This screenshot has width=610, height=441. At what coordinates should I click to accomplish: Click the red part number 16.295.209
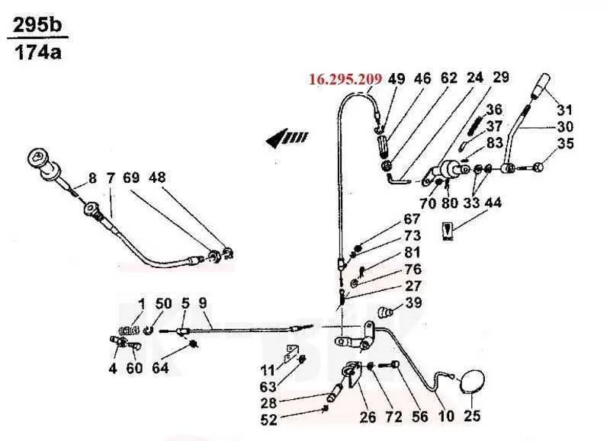[345, 79]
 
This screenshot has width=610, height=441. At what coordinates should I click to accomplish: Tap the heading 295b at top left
[37, 26]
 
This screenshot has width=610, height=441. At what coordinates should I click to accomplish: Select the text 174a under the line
[38, 52]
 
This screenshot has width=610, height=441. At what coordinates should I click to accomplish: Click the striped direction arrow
[287, 138]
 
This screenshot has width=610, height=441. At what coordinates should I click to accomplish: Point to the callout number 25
[472, 416]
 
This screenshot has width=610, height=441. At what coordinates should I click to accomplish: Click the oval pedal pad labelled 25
[472, 382]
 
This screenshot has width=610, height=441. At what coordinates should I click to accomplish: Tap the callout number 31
[564, 110]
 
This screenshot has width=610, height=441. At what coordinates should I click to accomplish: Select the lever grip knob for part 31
[541, 85]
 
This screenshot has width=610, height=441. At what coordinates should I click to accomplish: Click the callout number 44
[493, 203]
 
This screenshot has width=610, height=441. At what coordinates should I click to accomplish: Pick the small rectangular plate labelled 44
[448, 231]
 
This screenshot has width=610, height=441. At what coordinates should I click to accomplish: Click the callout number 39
[413, 302]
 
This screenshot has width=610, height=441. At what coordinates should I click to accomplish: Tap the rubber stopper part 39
[385, 312]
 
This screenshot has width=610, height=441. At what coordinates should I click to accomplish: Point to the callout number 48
[157, 177]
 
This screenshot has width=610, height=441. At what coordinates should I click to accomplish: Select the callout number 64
[160, 368]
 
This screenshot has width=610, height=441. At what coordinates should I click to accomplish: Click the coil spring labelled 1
[129, 331]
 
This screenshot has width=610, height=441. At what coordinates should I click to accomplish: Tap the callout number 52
[268, 420]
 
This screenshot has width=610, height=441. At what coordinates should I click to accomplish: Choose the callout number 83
[494, 142]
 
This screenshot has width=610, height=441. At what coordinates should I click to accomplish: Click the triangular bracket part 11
[290, 354]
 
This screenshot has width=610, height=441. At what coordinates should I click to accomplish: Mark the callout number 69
[131, 177]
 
